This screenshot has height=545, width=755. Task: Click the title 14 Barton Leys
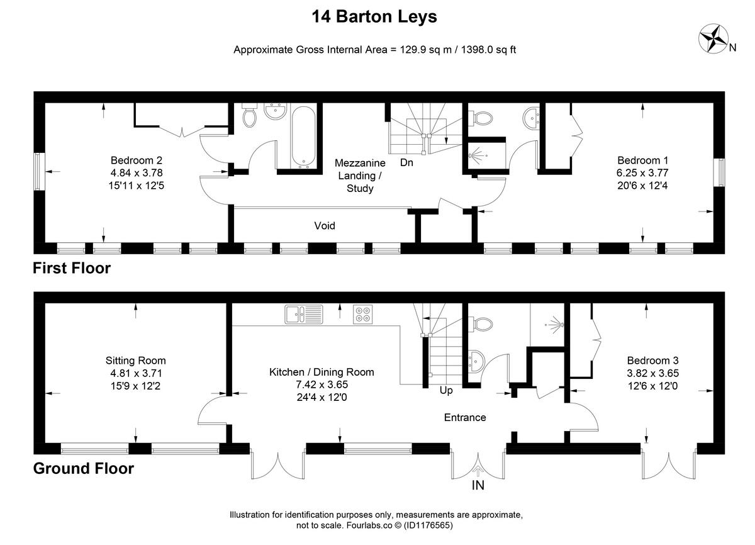[x=374, y=17]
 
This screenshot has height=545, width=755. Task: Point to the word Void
[x=325, y=225]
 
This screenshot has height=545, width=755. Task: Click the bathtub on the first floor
[x=303, y=137]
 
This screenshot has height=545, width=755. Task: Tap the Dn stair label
[x=406, y=162]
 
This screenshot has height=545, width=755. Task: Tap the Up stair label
[x=446, y=390]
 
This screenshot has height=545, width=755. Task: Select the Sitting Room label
[x=135, y=361]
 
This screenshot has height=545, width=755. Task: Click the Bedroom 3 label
[x=652, y=361]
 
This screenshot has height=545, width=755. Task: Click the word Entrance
[x=465, y=417]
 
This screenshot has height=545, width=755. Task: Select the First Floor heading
[x=72, y=268]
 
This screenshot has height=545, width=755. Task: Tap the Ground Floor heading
[x=83, y=469]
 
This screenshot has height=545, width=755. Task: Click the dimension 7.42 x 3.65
[x=322, y=385]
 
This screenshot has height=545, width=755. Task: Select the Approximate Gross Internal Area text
[x=374, y=50]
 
